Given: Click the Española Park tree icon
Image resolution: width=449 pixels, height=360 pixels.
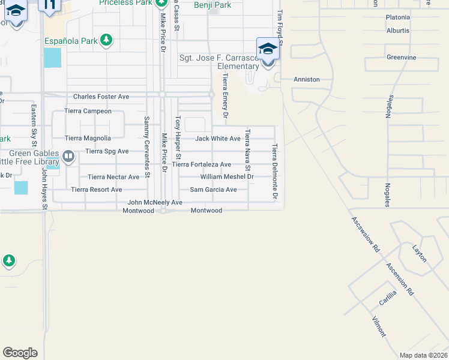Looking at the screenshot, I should point(106,40).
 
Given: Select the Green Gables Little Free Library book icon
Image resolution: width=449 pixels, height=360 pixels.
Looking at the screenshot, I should point(68,157).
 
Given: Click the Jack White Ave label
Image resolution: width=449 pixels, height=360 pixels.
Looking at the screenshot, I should point(218,139).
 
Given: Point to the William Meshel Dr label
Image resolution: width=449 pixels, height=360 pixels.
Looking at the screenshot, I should point(228,177).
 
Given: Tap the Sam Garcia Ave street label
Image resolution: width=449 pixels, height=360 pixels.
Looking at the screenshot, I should point(213,190).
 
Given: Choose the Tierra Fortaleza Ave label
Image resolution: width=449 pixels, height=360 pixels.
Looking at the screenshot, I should point(202,164).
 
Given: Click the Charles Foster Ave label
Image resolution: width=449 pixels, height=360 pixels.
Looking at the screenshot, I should point(101,97).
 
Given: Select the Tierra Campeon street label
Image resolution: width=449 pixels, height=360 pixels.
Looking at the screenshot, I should point(88,111).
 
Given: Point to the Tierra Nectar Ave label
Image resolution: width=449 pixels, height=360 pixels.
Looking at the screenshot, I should point(113,177).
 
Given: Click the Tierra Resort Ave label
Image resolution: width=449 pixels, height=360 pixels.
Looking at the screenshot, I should point(97,190).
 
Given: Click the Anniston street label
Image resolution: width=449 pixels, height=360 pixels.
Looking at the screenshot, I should point(306,79).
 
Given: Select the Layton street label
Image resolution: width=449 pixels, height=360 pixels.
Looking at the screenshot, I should point(419,253).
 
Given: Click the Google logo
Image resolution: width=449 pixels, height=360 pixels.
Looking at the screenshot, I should point(20,353).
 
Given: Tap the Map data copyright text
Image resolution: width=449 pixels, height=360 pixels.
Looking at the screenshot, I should point(424,355).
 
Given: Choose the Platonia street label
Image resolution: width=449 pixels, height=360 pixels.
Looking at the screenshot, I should point(398,17).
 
